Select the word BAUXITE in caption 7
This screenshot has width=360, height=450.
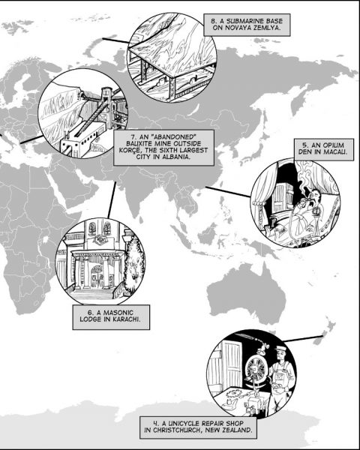click(x=140, y=143)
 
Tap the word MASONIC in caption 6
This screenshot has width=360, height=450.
click(x=118, y=312)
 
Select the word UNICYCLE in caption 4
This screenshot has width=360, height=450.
click(x=184, y=423)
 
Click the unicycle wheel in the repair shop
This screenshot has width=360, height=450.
click(x=256, y=368)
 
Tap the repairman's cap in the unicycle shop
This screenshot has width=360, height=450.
click(x=280, y=349)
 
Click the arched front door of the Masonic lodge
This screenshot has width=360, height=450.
click(x=97, y=276)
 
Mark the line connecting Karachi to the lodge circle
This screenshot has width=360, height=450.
click(x=112, y=200)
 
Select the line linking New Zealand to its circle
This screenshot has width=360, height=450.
click(x=303, y=338)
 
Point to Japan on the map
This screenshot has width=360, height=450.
click(x=256, y=149)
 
